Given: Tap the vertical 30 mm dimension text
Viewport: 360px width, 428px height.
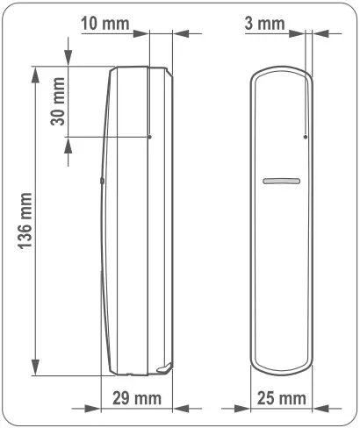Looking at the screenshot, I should tap(57, 103).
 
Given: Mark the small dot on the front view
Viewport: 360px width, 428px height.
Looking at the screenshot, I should tap(305, 137).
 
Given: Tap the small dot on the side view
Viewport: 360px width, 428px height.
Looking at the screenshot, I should tap(149, 137).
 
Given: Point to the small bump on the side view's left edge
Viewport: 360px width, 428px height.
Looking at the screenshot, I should tap(102, 182).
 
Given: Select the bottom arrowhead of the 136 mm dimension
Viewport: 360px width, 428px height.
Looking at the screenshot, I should tap(36, 369).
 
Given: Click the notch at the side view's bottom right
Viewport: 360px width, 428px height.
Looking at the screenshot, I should tap(163, 367).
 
